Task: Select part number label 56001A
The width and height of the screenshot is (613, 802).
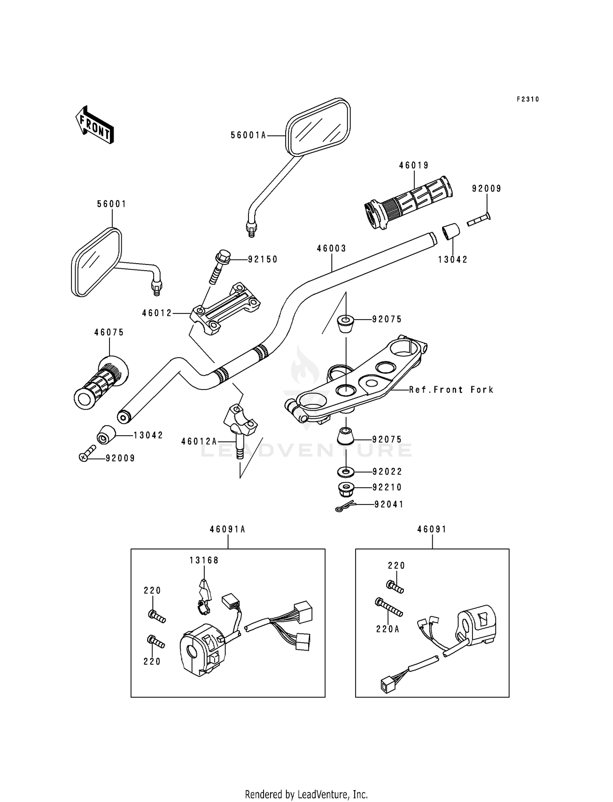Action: tap(248, 135)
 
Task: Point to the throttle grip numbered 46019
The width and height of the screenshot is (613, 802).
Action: tap(408, 202)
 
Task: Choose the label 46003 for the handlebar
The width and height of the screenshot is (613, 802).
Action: tap(331, 249)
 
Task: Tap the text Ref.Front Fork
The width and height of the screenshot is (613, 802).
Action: tap(452, 390)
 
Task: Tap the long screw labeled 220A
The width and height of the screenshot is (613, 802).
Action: tap(389, 607)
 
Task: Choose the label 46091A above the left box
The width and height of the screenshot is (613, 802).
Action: tap(228, 529)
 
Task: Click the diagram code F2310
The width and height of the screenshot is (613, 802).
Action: tap(528, 99)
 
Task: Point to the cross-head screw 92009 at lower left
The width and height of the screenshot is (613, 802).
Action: tap(87, 453)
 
